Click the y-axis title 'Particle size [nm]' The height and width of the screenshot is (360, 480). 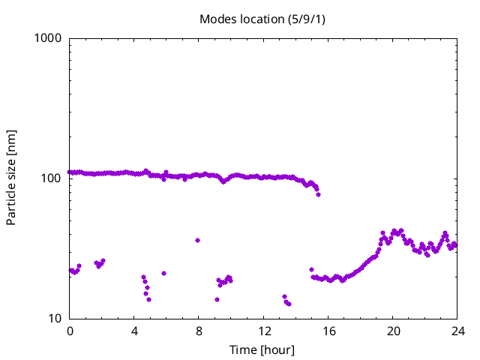(11, 178)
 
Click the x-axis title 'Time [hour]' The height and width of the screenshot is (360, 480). (262, 349)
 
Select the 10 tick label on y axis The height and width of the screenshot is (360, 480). (54, 319)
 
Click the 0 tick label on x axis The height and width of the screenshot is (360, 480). (70, 331)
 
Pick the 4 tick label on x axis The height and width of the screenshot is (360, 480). (134, 331)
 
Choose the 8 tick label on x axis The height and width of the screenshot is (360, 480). (199, 331)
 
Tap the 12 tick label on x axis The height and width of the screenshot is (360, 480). (264, 331)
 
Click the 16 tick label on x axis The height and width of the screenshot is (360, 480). (328, 331)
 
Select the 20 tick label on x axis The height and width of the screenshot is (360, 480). (393, 331)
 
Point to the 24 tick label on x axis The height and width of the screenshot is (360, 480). (457, 331)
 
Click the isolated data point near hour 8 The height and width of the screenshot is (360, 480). (197, 240)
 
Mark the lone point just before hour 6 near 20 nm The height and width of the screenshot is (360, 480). (163, 273)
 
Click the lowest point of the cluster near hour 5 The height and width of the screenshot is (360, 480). (148, 299)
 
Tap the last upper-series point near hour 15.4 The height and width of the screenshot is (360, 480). (318, 194)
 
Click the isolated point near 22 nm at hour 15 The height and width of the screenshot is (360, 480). (311, 269)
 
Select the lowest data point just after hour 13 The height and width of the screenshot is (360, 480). (289, 304)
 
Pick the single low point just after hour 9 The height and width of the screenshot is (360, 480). (217, 299)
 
